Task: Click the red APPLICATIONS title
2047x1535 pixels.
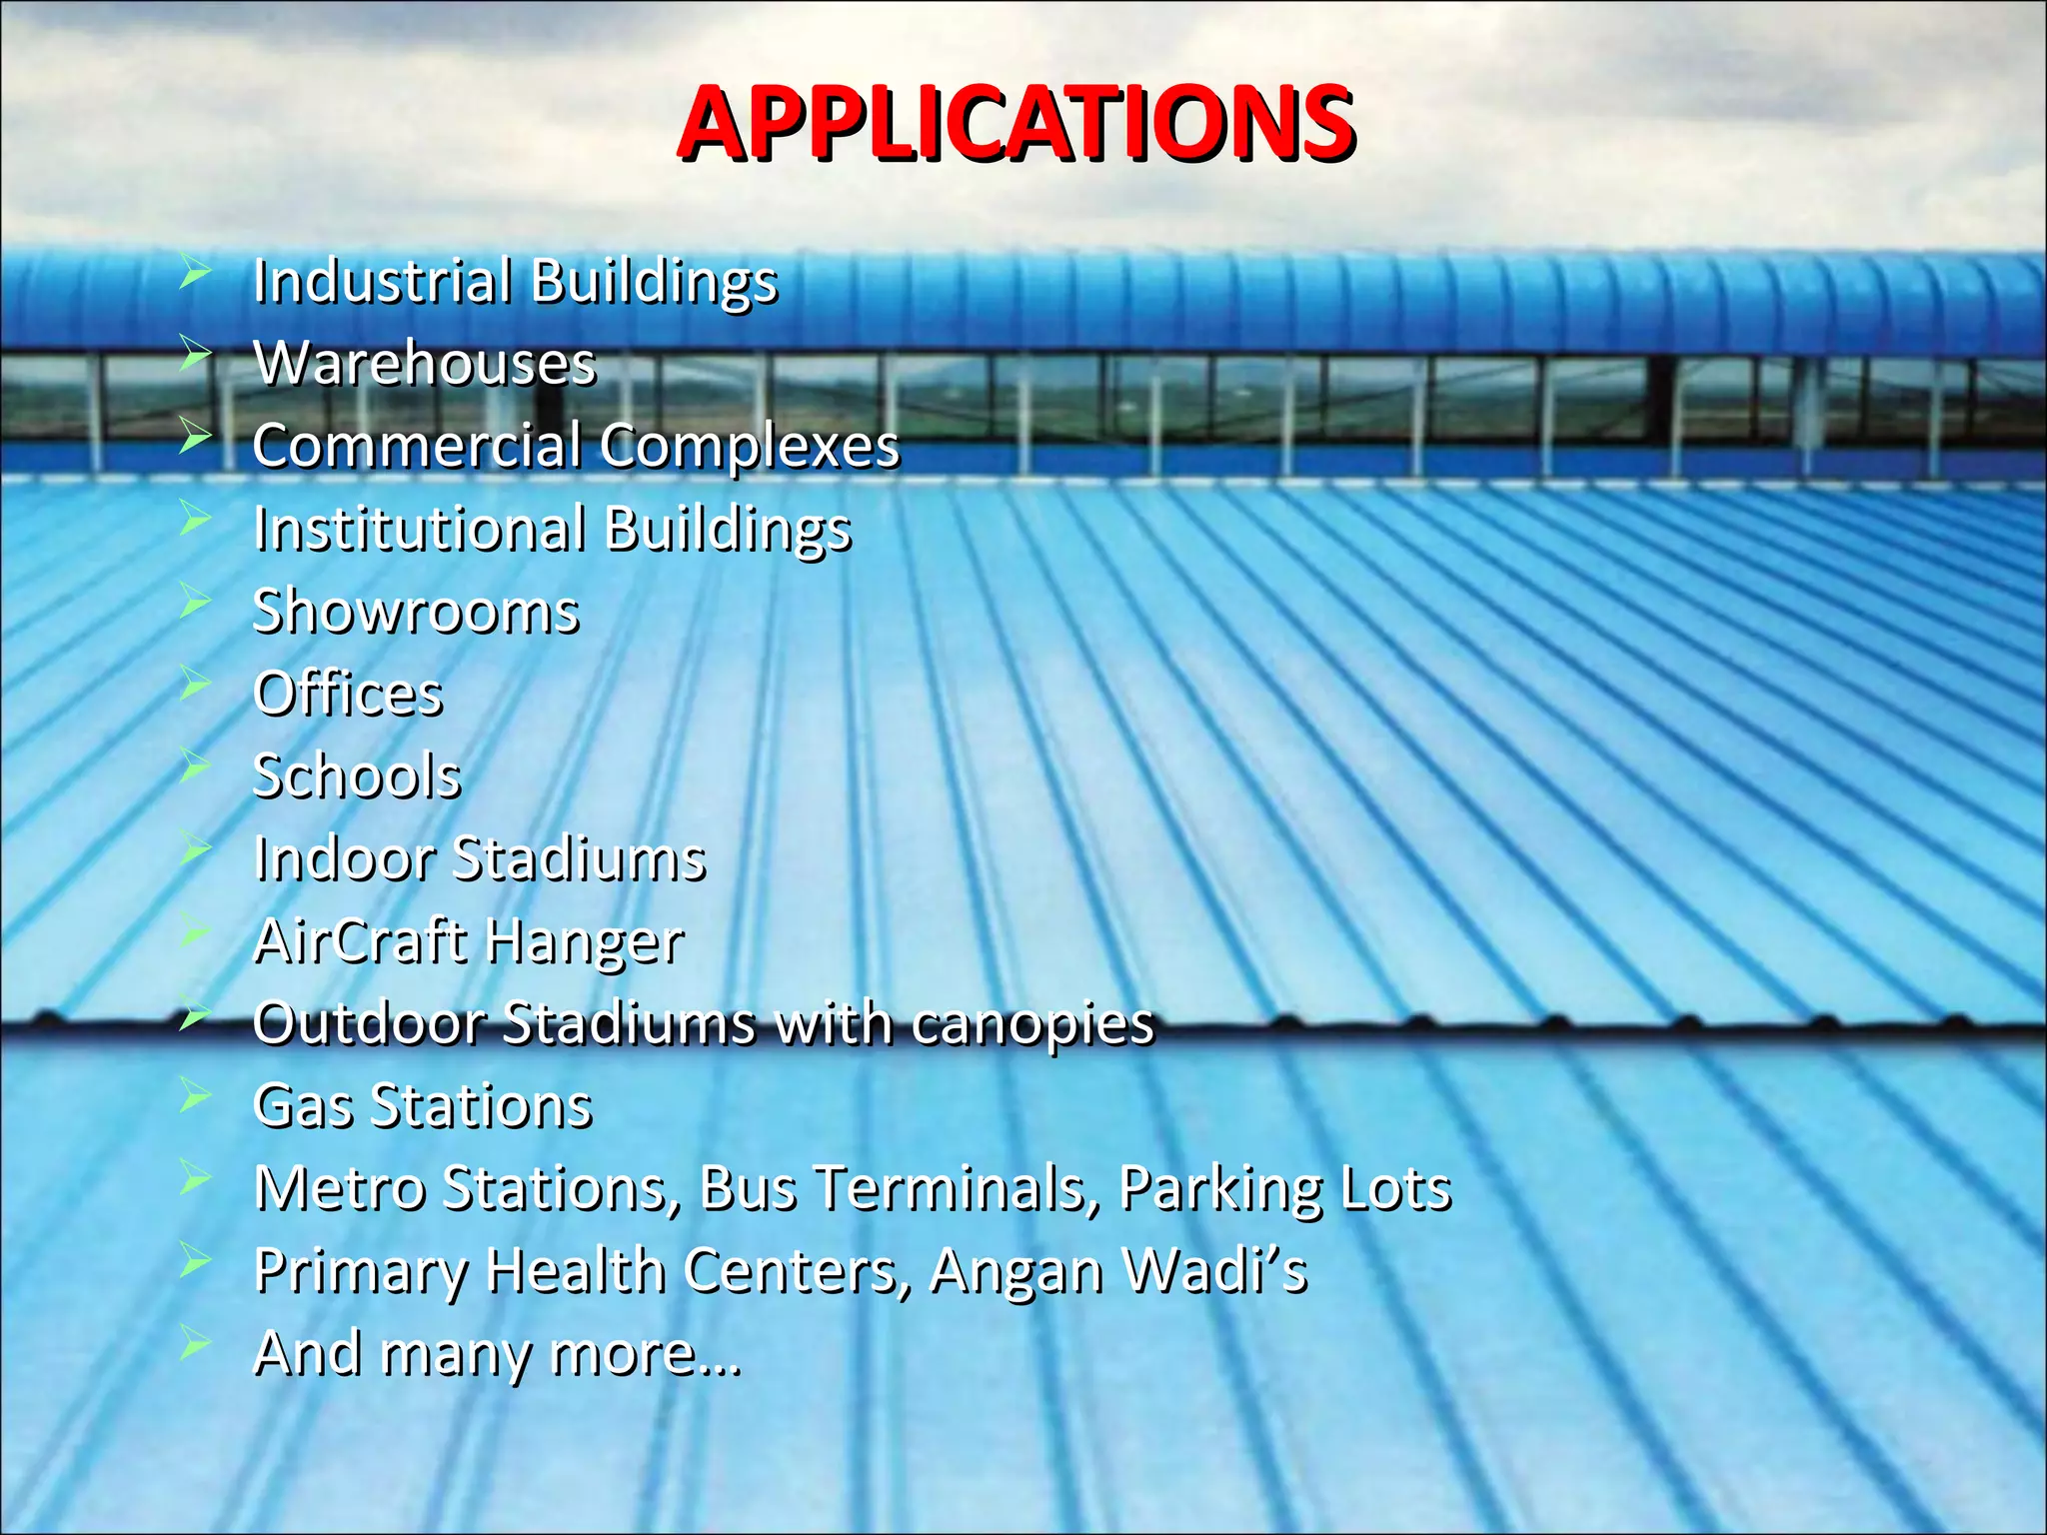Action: tap(1016, 124)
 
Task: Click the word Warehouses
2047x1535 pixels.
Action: tap(425, 363)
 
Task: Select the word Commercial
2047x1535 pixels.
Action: tap(416, 445)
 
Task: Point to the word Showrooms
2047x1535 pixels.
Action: tap(416, 611)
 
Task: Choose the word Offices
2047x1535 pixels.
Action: tap(348, 694)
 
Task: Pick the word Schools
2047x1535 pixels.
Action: tap(357, 775)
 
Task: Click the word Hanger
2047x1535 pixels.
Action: tap(585, 941)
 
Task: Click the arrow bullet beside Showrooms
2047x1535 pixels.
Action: tap(195, 601)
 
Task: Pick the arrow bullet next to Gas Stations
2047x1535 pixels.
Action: tap(195, 1096)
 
